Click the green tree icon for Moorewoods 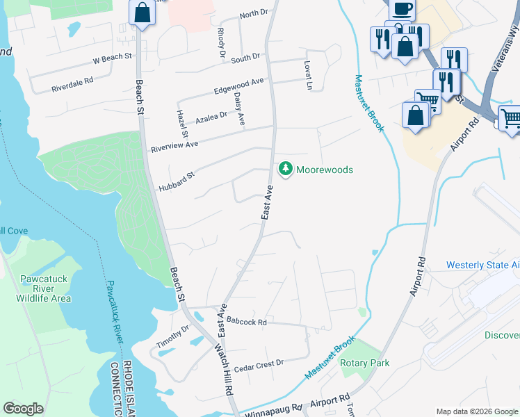pyautogui.click(x=285, y=169)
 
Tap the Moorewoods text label pyautogui.click(x=325, y=170)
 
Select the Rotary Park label pyautogui.click(x=364, y=363)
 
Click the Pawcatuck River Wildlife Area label pyautogui.click(x=42, y=288)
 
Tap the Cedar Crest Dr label pyautogui.click(x=259, y=363)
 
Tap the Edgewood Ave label pyautogui.click(x=238, y=86)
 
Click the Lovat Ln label pyautogui.click(x=307, y=75)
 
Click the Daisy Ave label pyautogui.click(x=239, y=109)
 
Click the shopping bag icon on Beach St pyautogui.click(x=142, y=13)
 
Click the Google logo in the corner pyautogui.click(x=23, y=409)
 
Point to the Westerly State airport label pyautogui.click(x=482, y=265)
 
